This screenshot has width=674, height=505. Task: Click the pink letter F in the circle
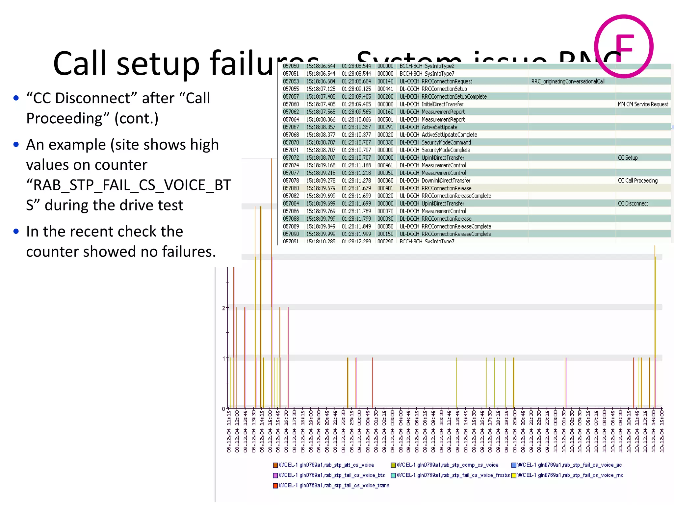point(624,48)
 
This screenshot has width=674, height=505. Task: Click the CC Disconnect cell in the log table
point(633,204)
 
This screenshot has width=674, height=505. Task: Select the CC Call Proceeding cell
point(637,180)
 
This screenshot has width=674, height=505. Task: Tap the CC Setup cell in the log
point(628,158)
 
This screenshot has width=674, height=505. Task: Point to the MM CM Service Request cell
point(643,104)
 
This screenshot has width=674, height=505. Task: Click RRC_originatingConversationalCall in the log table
point(568,81)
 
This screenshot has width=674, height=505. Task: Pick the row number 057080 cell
point(291,188)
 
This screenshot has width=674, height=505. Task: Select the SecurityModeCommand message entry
point(446,142)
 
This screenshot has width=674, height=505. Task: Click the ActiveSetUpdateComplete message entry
point(449,135)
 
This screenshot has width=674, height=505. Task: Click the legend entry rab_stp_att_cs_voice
point(326,465)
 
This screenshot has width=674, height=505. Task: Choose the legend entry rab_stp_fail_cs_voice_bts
point(331,475)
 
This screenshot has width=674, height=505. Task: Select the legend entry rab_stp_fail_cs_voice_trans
point(333,485)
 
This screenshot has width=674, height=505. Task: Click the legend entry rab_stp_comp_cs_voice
point(447,465)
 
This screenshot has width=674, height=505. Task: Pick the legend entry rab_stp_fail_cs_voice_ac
point(569,465)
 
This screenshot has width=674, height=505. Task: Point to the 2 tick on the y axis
point(223,308)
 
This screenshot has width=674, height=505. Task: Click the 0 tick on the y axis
point(223,409)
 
